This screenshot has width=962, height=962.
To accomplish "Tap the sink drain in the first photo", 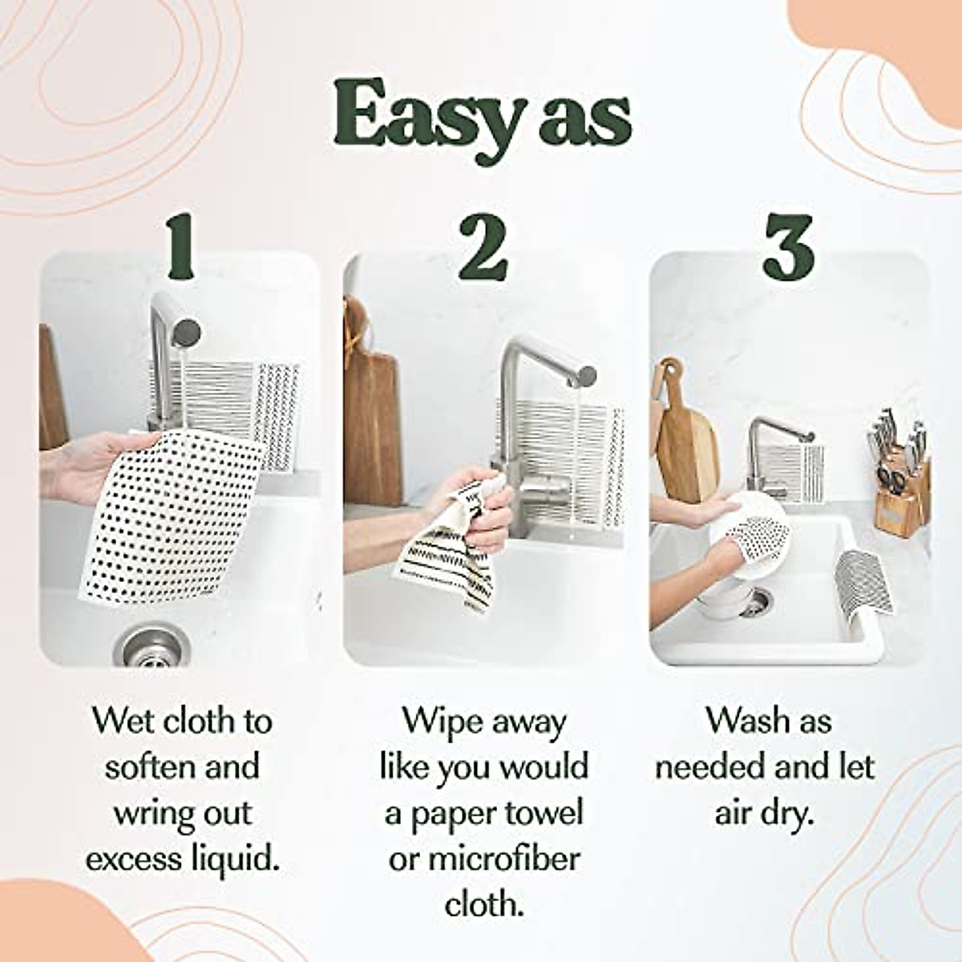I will tap(145, 645).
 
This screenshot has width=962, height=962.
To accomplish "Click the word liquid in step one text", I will tap(237, 859).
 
